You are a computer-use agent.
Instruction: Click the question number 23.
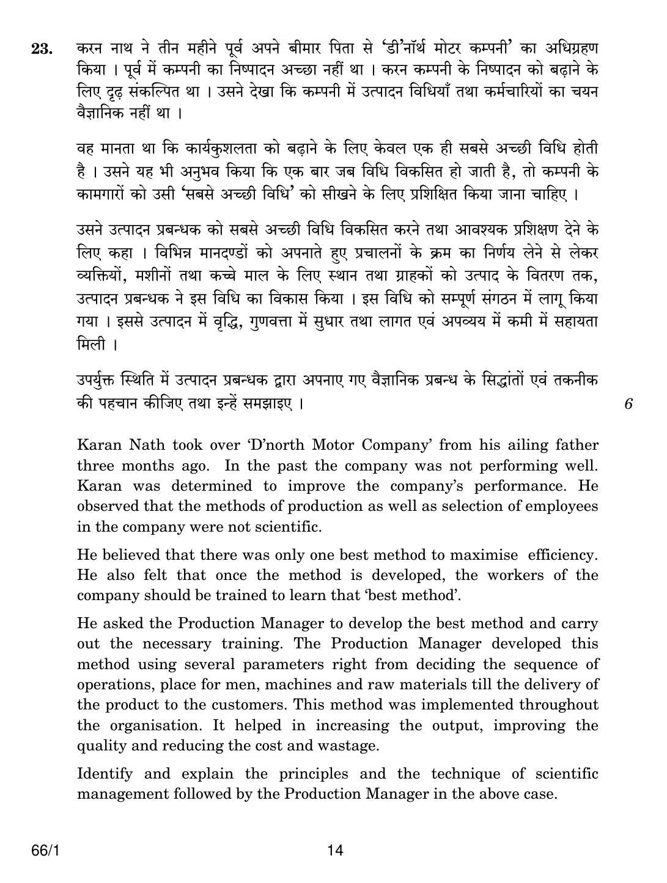pyautogui.click(x=42, y=49)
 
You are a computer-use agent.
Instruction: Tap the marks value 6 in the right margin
pyautogui.click(x=628, y=403)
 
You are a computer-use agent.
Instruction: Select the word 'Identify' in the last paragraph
pyautogui.click(x=105, y=774)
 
